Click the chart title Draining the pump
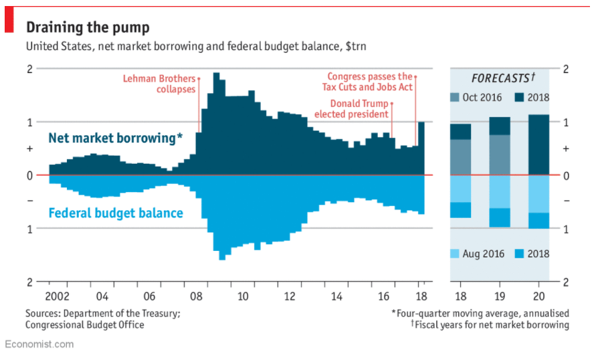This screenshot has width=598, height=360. click(x=87, y=27)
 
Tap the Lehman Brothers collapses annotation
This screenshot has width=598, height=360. click(x=159, y=84)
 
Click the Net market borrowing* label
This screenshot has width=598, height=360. click(x=115, y=139)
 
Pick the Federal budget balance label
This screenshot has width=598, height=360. click(x=116, y=213)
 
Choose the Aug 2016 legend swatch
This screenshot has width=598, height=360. click(x=455, y=254)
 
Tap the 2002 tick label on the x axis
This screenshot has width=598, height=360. click(x=58, y=296)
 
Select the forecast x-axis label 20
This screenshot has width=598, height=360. click(x=538, y=296)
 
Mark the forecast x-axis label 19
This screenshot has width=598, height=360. click(x=499, y=296)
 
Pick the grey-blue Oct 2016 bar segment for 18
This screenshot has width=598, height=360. click(x=460, y=157)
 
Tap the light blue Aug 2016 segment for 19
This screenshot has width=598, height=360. click(x=499, y=191)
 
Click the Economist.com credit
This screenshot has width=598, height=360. click(x=39, y=344)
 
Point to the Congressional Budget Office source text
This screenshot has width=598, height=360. click(x=85, y=325)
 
